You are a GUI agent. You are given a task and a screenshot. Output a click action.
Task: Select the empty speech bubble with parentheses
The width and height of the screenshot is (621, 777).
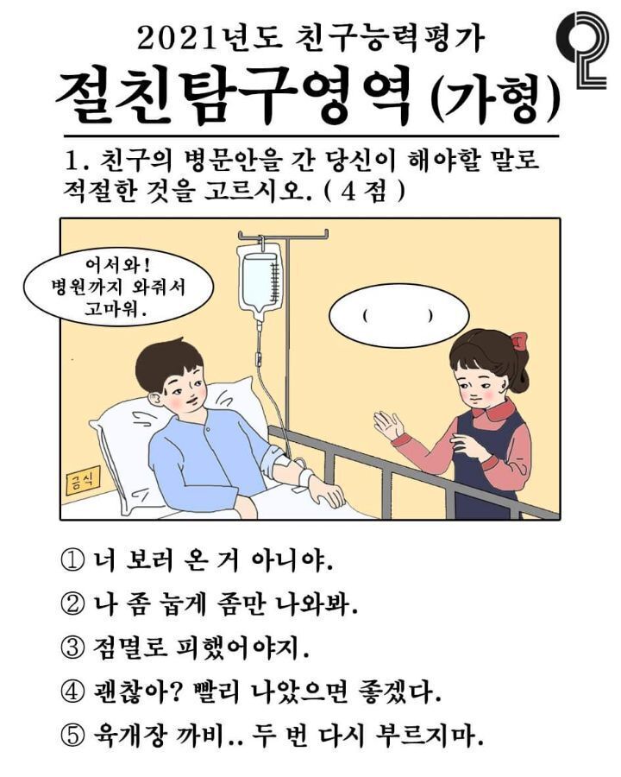pyautogui.click(x=398, y=316)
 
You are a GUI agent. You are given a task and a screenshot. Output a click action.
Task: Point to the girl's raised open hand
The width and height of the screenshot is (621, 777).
pyautogui.click(x=387, y=426)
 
